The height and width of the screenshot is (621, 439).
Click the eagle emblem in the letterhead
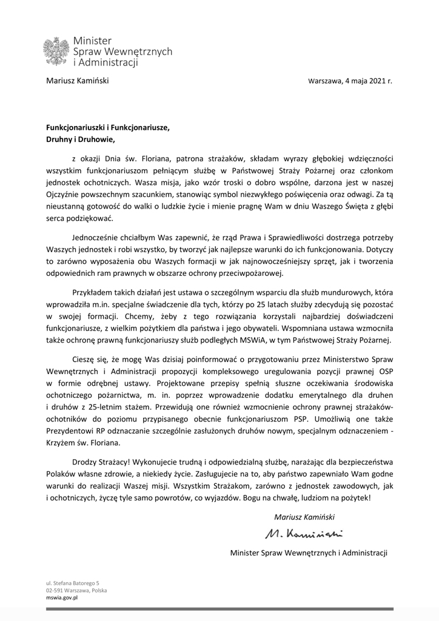point(56,52)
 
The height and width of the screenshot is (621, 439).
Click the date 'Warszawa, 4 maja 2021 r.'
point(350,81)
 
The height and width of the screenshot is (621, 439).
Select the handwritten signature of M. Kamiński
point(304,534)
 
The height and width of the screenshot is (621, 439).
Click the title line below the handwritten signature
point(309,552)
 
